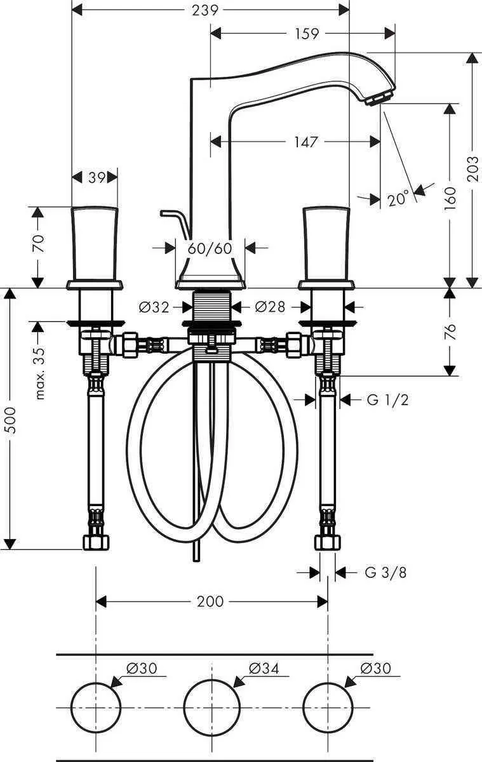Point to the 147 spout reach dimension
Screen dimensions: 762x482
click(x=305, y=142)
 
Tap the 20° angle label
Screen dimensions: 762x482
click(x=398, y=199)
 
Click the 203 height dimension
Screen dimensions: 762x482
click(x=471, y=170)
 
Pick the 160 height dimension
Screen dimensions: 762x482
click(x=449, y=197)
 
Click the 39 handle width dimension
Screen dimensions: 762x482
click(x=96, y=178)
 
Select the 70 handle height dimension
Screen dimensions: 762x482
click(x=37, y=244)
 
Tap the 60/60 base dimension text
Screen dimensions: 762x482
click(x=210, y=248)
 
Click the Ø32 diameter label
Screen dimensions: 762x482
click(x=154, y=307)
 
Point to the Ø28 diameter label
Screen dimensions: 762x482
click(x=269, y=307)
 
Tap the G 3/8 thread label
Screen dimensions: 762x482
click(x=385, y=573)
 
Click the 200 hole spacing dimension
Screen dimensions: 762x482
click(x=210, y=601)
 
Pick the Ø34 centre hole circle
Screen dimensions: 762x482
click(x=211, y=707)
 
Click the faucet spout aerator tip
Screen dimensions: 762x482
click(x=379, y=98)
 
